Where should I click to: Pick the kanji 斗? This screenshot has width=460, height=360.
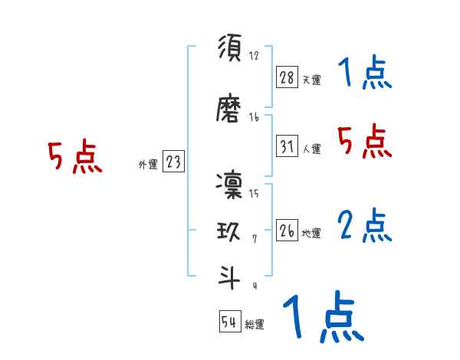coord(230,277)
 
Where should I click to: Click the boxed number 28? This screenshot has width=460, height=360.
coord(287,77)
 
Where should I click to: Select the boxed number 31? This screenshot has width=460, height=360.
coord(287,146)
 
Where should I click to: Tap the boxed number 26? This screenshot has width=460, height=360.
coord(287,231)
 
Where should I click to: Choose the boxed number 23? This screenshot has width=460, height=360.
coord(173,162)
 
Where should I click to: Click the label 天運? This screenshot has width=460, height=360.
coord(311,80)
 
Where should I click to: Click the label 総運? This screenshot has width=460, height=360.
coord(255,325)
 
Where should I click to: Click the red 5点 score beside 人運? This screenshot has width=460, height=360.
coord(364,142)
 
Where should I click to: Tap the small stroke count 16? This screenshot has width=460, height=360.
coord(254,117)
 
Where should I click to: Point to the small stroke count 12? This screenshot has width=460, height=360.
coord(254,56)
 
